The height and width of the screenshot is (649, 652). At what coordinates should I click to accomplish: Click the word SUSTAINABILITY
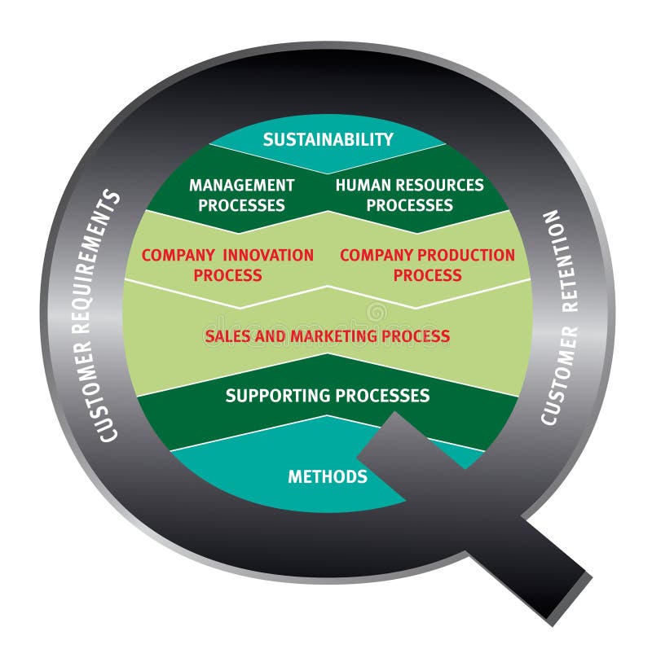[328, 139]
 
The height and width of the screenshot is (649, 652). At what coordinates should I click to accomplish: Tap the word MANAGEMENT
[241, 185]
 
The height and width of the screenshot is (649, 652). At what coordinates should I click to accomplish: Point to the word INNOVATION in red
[270, 255]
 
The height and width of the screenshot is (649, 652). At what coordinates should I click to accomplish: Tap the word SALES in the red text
[227, 335]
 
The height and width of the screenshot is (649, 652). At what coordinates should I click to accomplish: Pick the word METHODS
[328, 476]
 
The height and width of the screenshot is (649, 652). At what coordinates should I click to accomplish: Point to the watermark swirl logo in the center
[377, 312]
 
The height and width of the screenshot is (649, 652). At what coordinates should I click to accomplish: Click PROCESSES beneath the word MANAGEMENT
[241, 205]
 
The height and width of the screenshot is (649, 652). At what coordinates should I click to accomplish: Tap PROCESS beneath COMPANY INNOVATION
[227, 275]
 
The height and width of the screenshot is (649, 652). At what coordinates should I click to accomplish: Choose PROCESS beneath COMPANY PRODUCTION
[427, 275]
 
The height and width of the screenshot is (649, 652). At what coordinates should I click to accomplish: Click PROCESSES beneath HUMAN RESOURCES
[409, 205]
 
